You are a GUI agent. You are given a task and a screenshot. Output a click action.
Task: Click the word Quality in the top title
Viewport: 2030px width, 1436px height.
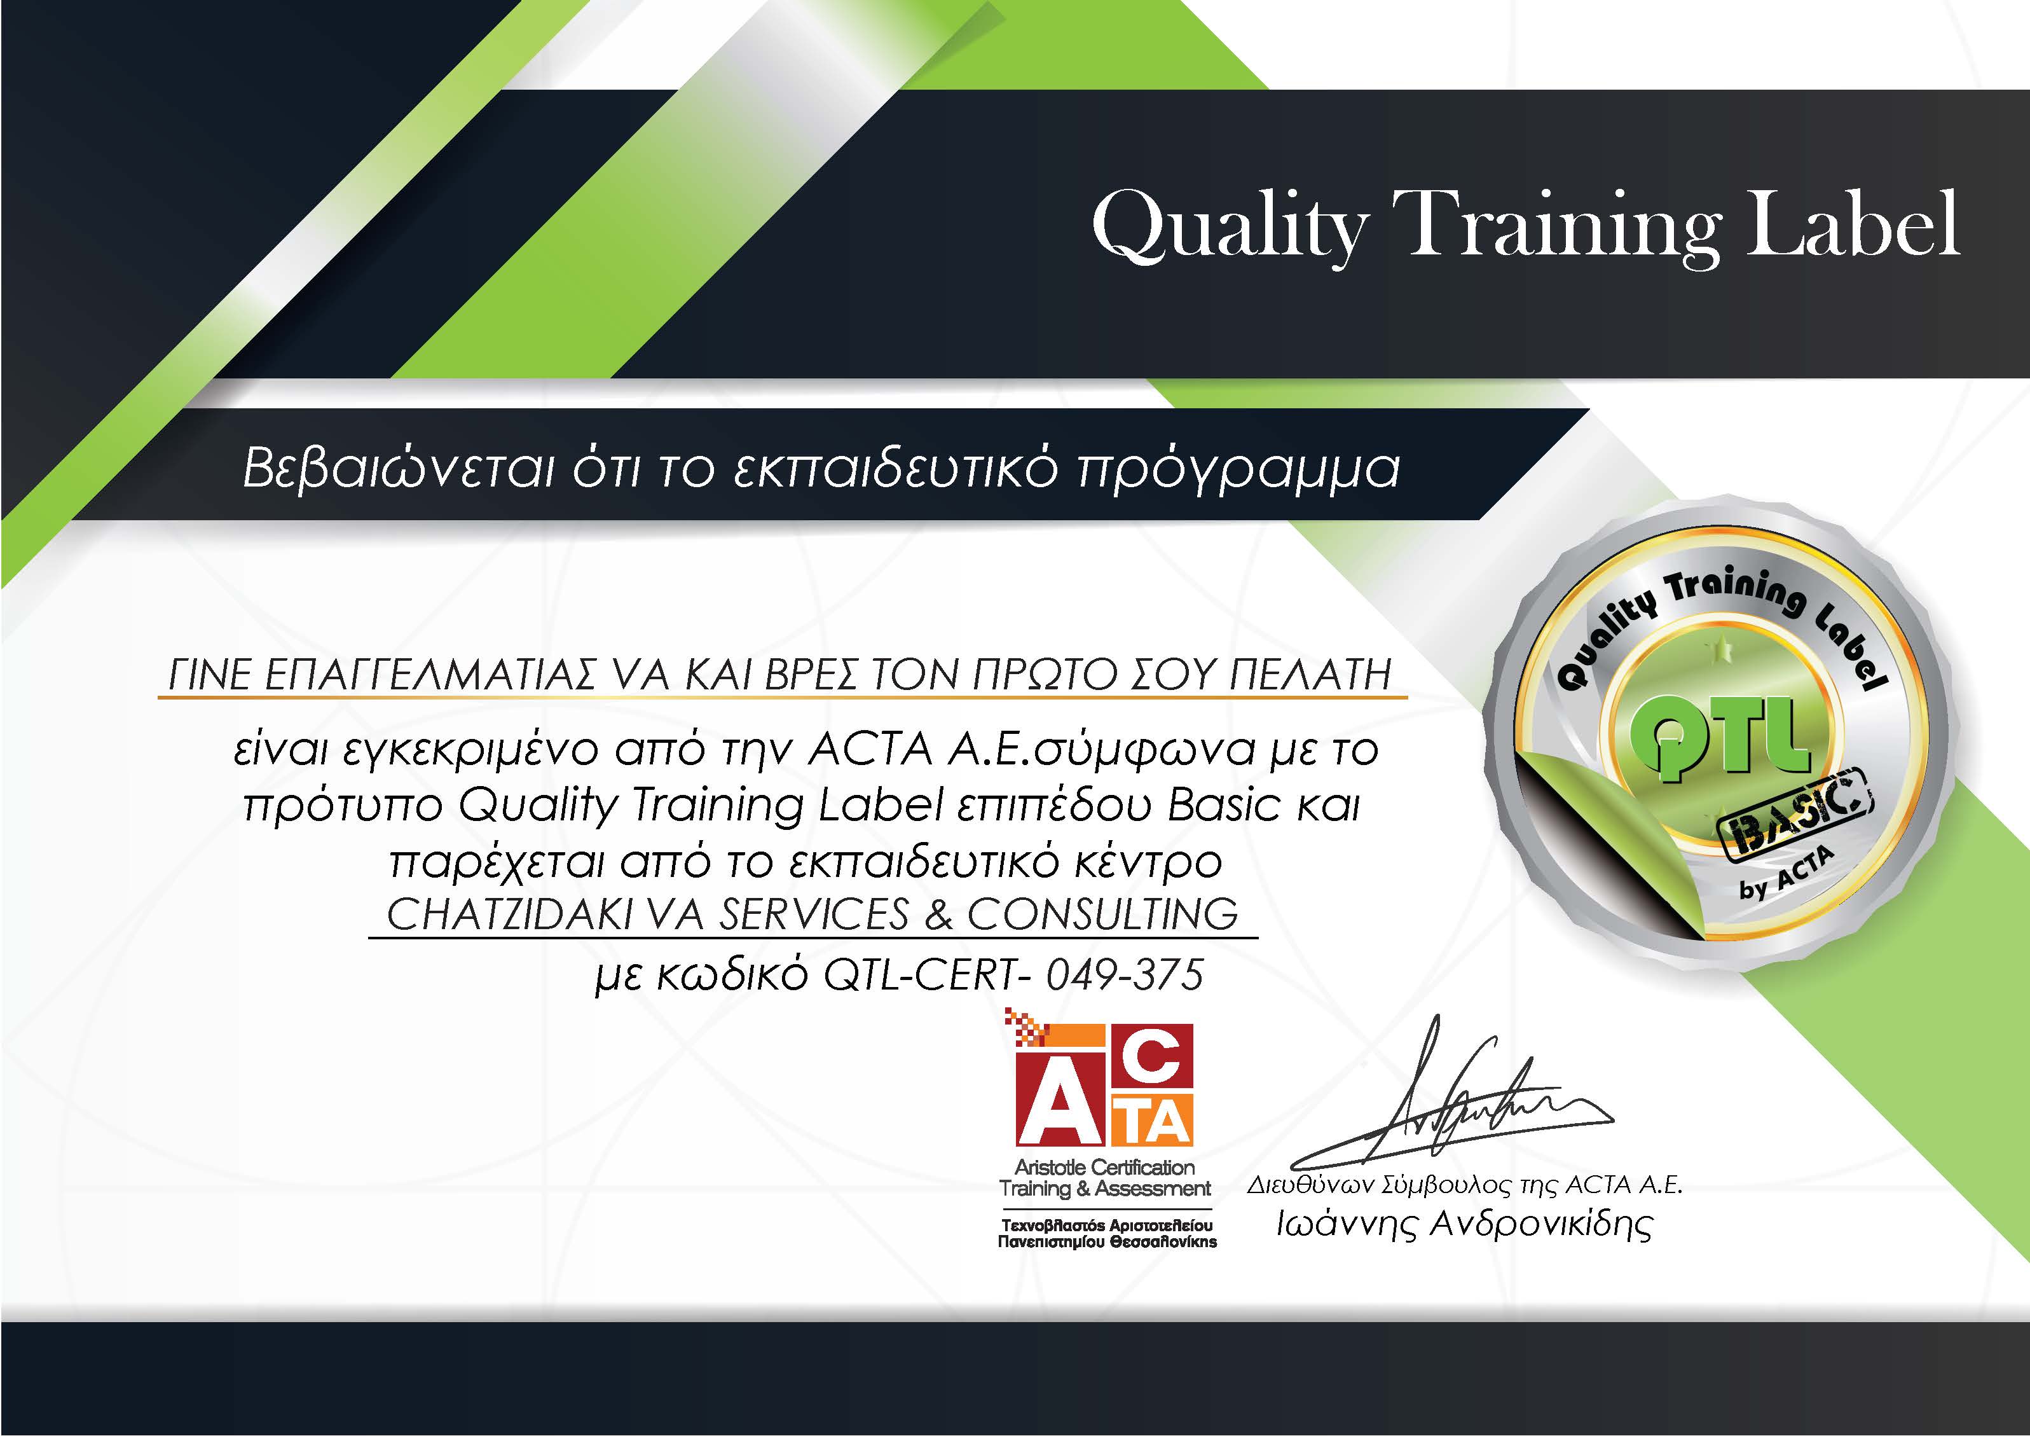click(x=1231, y=228)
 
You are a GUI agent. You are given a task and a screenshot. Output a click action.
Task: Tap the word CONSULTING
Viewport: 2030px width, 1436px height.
click(x=1102, y=915)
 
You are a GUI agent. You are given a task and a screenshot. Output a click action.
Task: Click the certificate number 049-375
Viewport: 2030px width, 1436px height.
click(x=1124, y=976)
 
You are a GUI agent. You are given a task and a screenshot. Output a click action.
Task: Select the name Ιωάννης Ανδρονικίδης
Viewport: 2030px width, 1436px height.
click(x=1464, y=1225)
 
